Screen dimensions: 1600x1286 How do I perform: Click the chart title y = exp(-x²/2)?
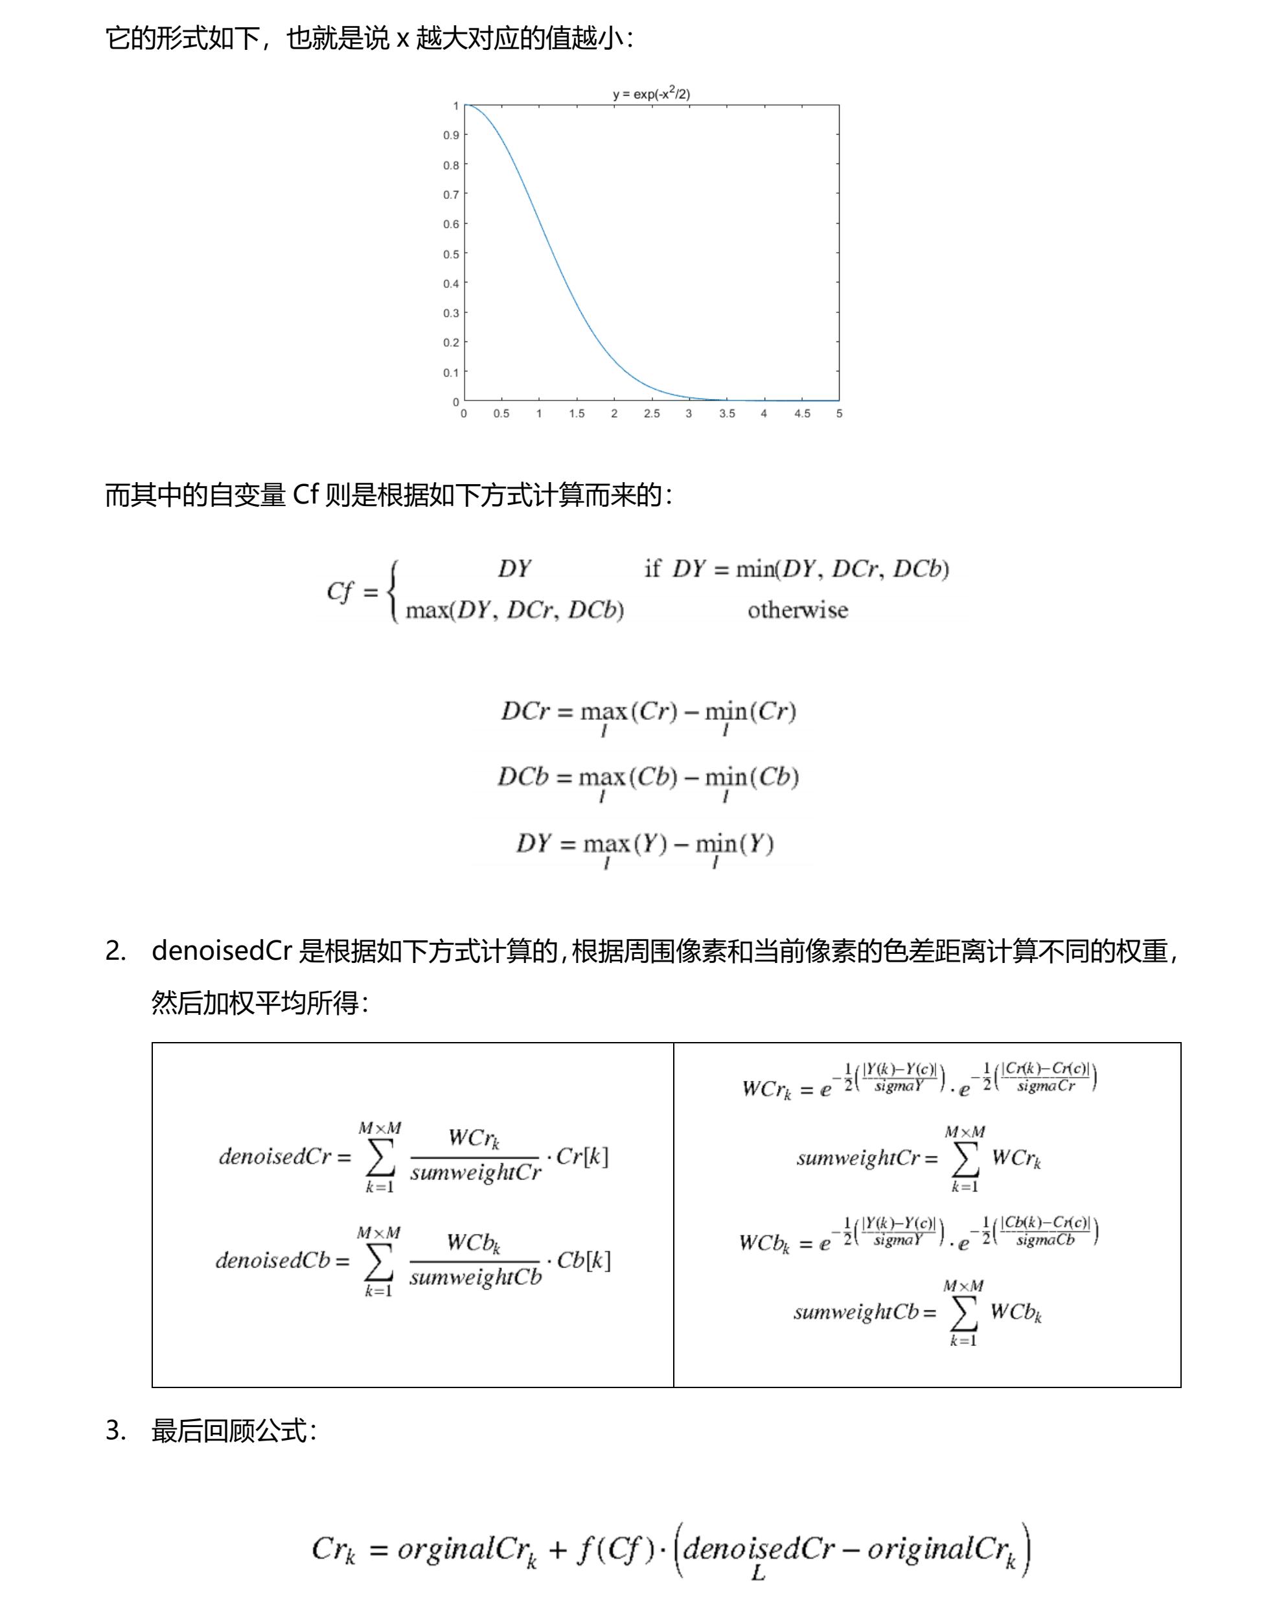click(x=651, y=93)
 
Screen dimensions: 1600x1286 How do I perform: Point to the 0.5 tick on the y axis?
click(x=451, y=254)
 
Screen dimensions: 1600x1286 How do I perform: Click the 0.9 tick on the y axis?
click(x=451, y=135)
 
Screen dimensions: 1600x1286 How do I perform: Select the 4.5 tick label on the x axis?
click(x=802, y=413)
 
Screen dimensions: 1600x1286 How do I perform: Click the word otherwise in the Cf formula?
click(x=797, y=610)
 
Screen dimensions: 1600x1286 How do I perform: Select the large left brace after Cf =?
click(x=394, y=591)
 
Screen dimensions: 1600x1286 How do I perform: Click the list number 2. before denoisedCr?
click(x=116, y=951)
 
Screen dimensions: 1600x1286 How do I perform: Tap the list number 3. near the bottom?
click(x=116, y=1430)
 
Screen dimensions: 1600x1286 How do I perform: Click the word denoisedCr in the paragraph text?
click(x=221, y=951)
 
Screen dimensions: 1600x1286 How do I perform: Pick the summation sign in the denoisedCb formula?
click(x=378, y=1262)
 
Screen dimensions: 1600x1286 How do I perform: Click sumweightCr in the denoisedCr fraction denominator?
click(x=476, y=1172)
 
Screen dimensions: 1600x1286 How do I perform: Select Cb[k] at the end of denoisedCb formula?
click(x=583, y=1260)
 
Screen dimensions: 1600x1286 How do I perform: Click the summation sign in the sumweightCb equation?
click(x=963, y=1313)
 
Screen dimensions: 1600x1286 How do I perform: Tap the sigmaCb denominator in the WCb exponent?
click(x=1045, y=1240)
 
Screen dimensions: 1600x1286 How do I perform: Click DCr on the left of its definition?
click(x=525, y=711)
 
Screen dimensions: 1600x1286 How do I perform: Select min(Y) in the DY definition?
click(x=734, y=844)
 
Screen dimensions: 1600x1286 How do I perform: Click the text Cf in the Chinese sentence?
click(x=305, y=494)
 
